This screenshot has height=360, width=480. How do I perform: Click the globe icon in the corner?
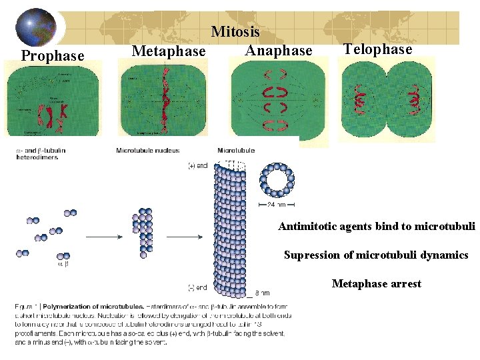point(37,27)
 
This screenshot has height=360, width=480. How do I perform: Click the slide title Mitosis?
point(235,31)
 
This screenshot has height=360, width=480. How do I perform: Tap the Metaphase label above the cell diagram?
point(169,51)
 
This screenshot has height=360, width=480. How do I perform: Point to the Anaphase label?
point(278,50)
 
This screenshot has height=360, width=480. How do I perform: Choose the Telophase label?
point(377,49)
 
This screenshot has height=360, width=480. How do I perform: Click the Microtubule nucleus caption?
point(147,151)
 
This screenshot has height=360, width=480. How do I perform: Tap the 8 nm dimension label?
point(262,293)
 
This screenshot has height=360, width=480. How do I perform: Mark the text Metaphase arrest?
point(377,284)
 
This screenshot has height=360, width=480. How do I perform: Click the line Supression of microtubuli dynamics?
point(376,255)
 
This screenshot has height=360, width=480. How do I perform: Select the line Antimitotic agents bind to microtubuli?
point(377,227)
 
